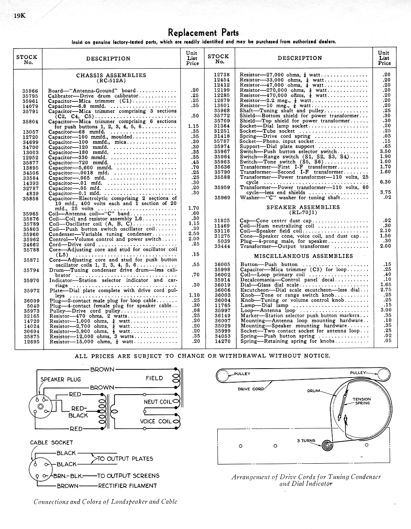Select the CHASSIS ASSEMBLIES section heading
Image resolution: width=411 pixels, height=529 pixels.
111,75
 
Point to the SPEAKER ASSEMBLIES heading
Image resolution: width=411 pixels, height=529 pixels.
303,207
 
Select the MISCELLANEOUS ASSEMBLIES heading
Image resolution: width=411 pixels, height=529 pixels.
303,256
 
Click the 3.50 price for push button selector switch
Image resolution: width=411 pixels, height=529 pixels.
385,151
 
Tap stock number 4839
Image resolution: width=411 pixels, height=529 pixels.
32,193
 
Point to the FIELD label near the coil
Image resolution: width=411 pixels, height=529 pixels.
154,378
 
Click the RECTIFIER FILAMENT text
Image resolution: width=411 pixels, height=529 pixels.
127,485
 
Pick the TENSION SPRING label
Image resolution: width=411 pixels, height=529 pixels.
362,401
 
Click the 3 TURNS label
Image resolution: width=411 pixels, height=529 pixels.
306,440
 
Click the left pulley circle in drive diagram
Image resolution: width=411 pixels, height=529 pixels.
223,376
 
